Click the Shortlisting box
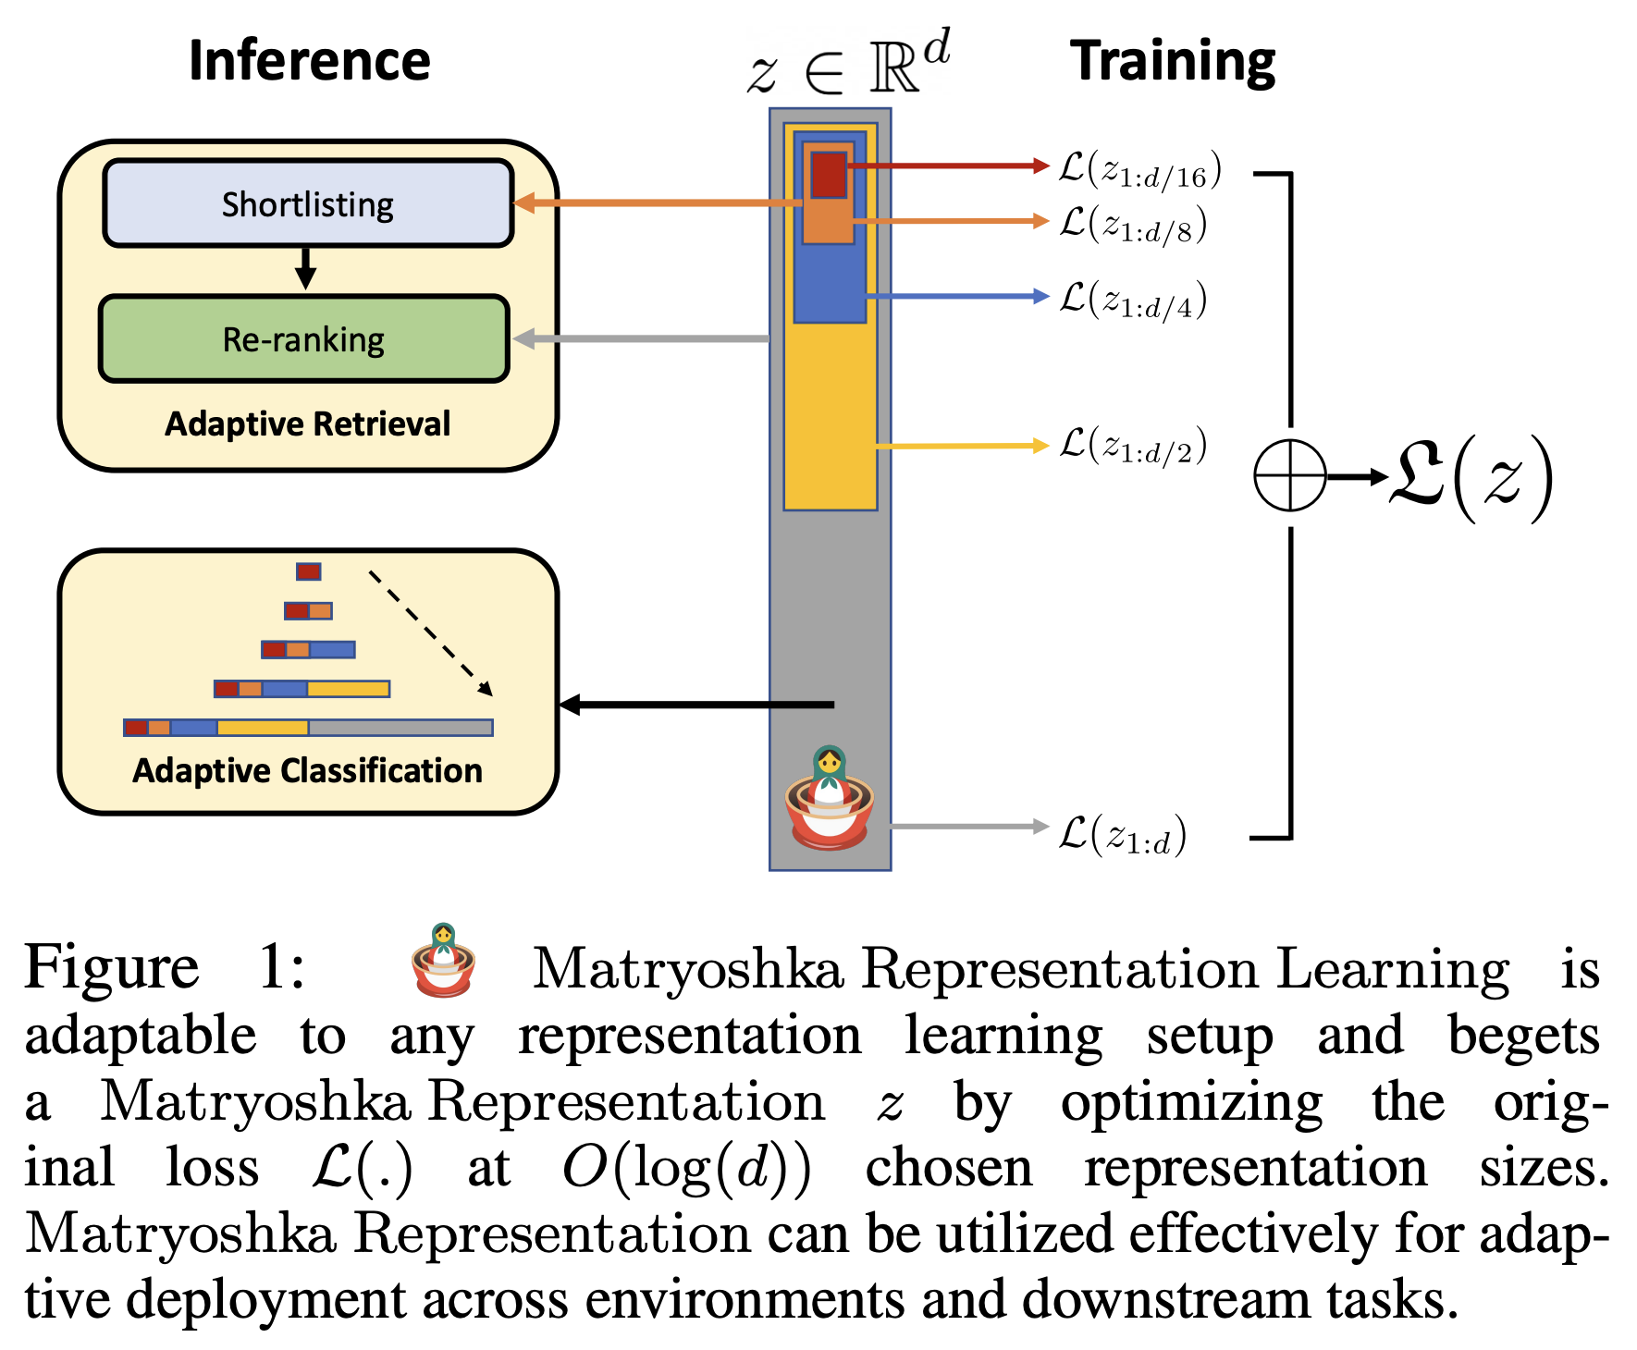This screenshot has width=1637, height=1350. (x=308, y=203)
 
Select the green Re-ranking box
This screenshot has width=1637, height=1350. (x=304, y=339)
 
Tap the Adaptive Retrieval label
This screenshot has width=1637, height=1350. (x=308, y=423)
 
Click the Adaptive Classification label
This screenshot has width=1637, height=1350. (x=308, y=770)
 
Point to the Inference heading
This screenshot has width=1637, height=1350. (x=309, y=61)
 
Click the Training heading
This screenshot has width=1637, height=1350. (x=1173, y=61)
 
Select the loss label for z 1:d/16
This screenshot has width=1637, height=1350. (x=1139, y=170)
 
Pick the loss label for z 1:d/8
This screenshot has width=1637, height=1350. (x=1132, y=225)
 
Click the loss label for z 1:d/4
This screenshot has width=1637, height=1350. (x=1132, y=301)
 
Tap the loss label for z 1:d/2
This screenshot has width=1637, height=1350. (x=1132, y=446)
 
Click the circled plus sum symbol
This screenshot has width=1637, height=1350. (x=1289, y=476)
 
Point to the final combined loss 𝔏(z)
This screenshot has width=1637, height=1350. (x=1471, y=478)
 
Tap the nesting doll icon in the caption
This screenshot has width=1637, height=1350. (x=443, y=962)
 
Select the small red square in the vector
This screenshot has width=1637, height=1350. (x=829, y=175)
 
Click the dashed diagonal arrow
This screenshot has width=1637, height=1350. (x=431, y=633)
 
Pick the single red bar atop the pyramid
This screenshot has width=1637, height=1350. (x=308, y=571)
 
